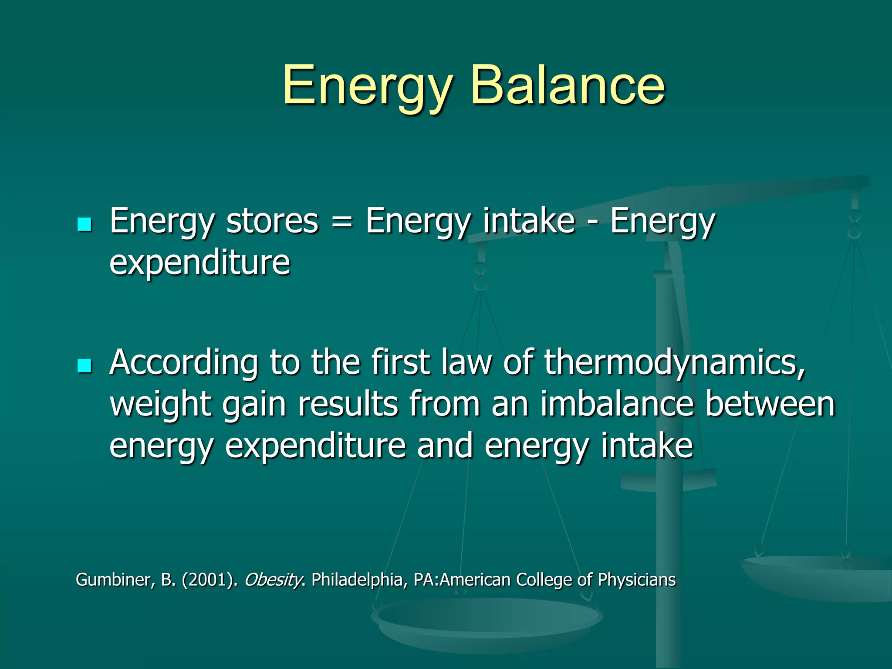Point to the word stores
tap(272, 221)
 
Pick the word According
tap(183, 362)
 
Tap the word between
tap(770, 404)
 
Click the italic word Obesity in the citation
tap(273, 580)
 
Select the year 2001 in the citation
tap(207, 580)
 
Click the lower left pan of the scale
tap(486, 618)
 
